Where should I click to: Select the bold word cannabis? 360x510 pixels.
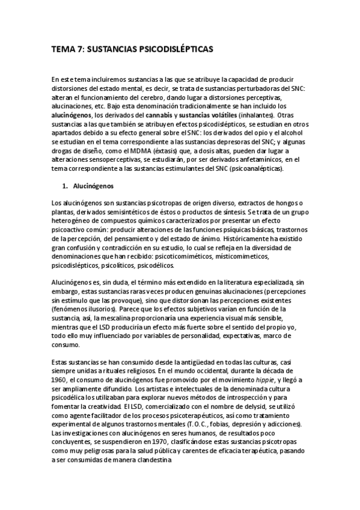tap(172, 115)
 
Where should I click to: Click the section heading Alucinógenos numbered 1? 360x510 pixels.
tap(97, 187)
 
